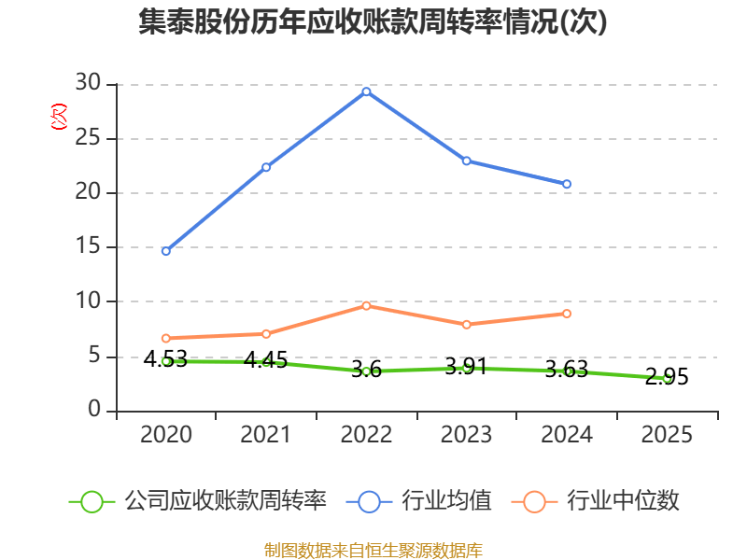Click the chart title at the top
click(373, 22)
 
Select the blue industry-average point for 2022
click(366, 91)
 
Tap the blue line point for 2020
click(166, 251)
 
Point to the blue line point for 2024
click(567, 184)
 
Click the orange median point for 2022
click(366, 306)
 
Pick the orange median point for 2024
click(567, 314)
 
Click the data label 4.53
click(165, 358)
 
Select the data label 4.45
click(266, 359)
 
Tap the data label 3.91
click(466, 367)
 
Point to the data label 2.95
click(667, 377)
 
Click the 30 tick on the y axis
click(89, 84)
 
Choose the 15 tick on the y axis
click(89, 247)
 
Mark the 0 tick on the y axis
click(94, 411)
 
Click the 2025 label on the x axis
click(667, 435)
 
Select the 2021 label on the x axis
click(266, 435)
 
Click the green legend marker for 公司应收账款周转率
click(92, 501)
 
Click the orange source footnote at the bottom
click(373, 550)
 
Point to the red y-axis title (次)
click(58, 117)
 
